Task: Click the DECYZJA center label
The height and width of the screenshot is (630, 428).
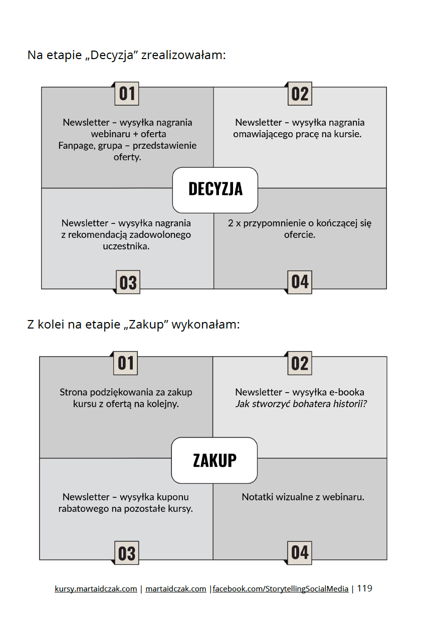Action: click(215, 189)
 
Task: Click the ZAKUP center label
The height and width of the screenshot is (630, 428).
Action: click(215, 460)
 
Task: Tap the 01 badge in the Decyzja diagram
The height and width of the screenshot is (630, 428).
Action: click(127, 94)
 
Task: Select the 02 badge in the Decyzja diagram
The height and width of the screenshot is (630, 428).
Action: click(300, 94)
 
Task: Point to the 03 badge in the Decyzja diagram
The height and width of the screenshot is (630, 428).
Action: click(128, 282)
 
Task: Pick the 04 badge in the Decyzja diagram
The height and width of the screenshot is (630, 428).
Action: click(300, 282)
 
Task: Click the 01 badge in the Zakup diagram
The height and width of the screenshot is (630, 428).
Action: click(126, 363)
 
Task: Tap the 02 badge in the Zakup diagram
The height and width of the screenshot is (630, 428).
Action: click(300, 364)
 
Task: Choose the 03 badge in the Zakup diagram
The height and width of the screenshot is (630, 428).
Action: click(127, 553)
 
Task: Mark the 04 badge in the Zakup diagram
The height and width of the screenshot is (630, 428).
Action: click(300, 552)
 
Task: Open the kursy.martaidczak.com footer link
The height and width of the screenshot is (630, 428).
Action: click(96, 589)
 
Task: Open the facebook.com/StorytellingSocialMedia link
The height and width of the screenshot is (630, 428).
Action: click(281, 589)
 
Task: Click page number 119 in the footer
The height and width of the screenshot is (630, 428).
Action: click(364, 588)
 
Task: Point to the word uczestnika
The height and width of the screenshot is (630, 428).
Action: click(126, 246)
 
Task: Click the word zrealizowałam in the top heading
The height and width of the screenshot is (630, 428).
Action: click(183, 55)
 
